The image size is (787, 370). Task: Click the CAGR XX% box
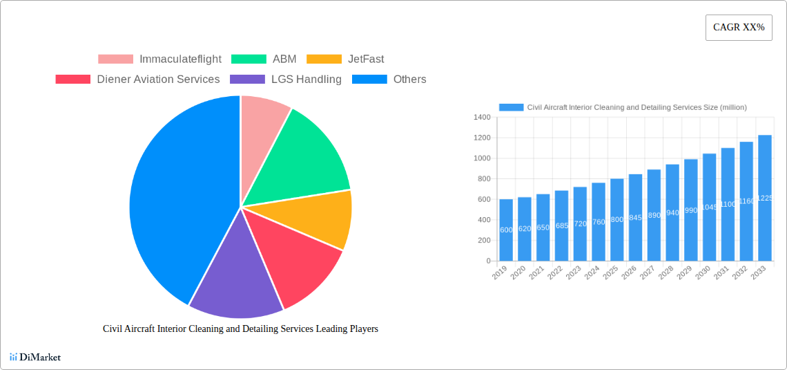tap(738, 28)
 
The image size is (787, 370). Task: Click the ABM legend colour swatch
tap(248, 59)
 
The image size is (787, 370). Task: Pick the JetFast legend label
tap(366, 59)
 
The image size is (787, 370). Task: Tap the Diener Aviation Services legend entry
tap(158, 80)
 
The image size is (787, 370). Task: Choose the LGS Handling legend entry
tap(306, 80)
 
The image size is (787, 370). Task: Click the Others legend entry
tap(409, 80)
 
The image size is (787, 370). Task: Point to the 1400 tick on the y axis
tap(482, 118)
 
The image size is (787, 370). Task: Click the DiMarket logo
tap(35, 357)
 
